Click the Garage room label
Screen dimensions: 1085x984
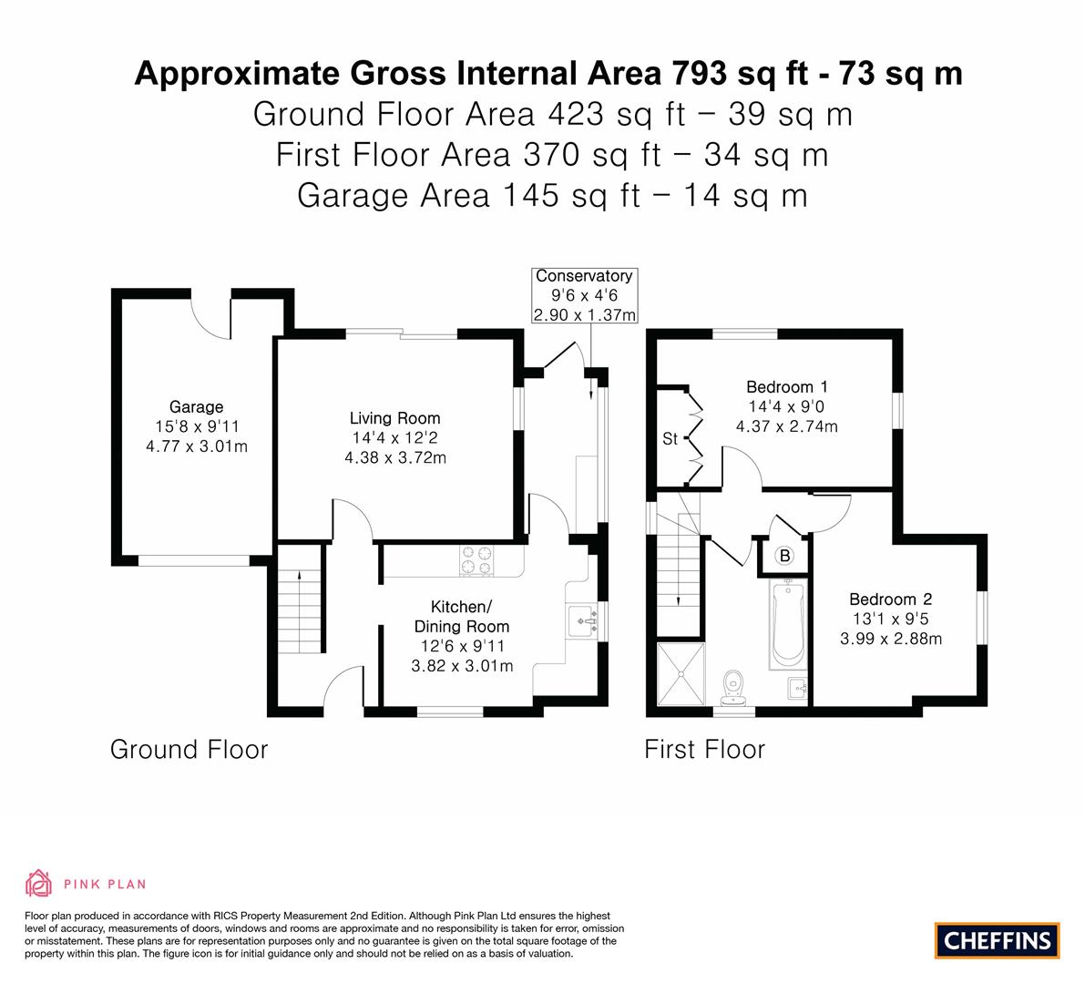click(x=197, y=407)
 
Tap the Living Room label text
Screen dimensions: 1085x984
click(x=394, y=418)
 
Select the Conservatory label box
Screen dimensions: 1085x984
click(x=584, y=295)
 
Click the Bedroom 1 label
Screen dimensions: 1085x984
click(x=787, y=387)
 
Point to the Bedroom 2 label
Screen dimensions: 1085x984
click(x=891, y=600)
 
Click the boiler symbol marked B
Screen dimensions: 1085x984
click(x=784, y=555)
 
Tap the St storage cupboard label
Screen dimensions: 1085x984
click(x=670, y=439)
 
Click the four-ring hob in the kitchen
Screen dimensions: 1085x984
click(x=477, y=560)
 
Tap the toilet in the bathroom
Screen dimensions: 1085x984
click(x=732, y=687)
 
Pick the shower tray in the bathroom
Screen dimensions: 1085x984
click(x=681, y=674)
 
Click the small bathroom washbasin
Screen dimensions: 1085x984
click(x=798, y=689)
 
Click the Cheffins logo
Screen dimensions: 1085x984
click(x=997, y=940)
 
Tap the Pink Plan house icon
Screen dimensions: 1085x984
click(x=39, y=883)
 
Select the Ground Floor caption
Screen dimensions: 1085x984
click(x=189, y=750)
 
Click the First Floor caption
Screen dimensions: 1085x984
click(x=704, y=750)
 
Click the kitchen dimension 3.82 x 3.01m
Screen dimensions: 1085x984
click(x=462, y=666)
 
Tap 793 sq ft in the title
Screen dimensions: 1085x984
click(x=736, y=74)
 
